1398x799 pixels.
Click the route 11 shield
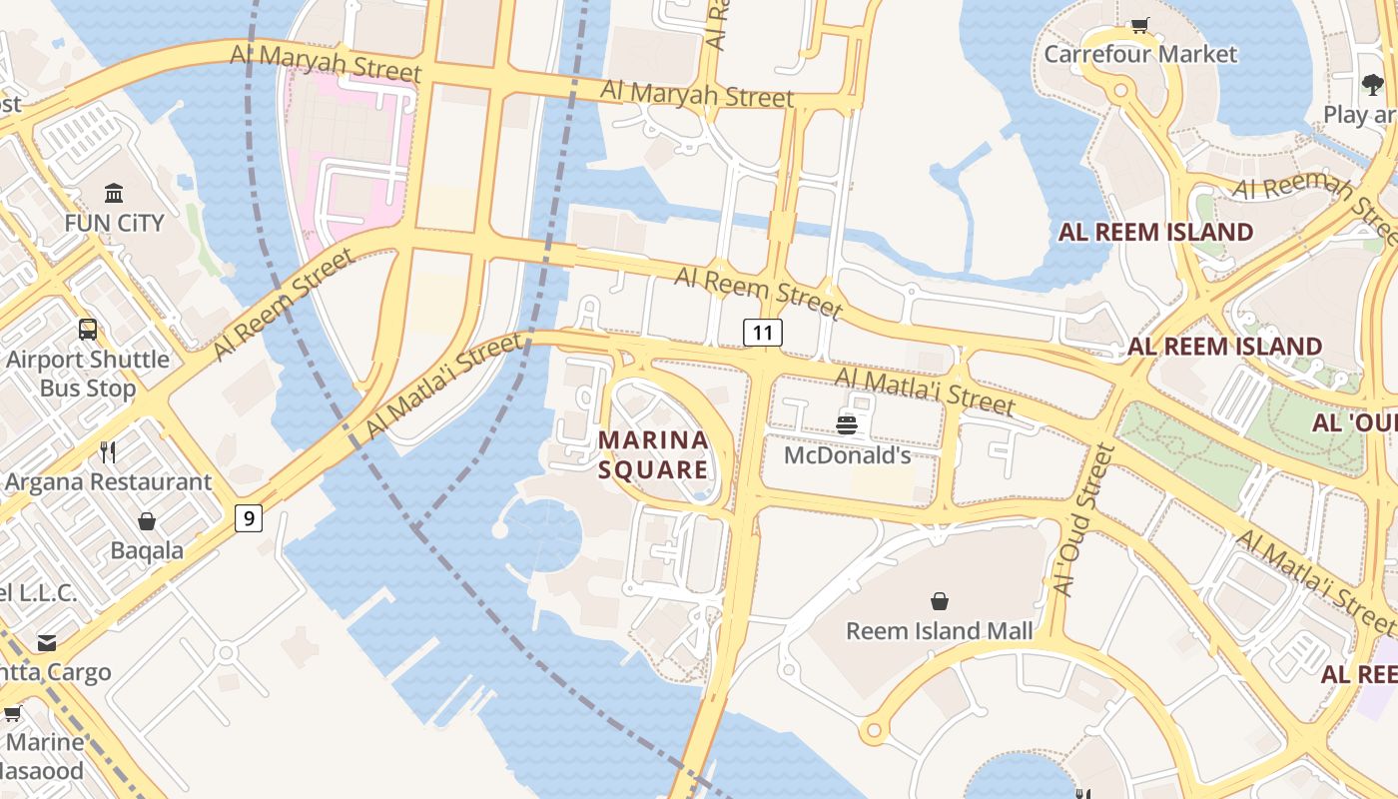coord(763,333)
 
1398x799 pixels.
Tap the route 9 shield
coord(249,517)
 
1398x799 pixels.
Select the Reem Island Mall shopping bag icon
coord(939,601)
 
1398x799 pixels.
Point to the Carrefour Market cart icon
coord(1139,25)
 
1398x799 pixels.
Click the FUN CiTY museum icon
coord(114,193)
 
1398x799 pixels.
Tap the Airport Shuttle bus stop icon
coord(88,329)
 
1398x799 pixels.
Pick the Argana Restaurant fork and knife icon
coord(108,451)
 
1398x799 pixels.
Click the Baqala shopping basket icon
coord(147,521)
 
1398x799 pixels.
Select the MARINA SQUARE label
coord(653,454)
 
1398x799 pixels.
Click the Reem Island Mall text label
coord(939,631)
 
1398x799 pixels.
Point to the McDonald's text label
coord(847,455)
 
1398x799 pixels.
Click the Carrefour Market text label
coord(1139,54)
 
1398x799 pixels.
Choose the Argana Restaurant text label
coord(108,481)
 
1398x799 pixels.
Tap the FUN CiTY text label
coord(114,222)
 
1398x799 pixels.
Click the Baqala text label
coord(147,550)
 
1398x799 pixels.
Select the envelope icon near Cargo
coord(46,642)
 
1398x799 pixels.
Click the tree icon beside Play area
coord(1372,85)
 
